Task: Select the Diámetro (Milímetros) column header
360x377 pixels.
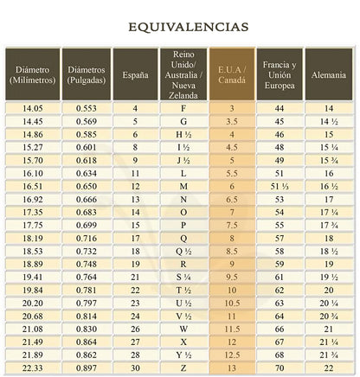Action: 31,73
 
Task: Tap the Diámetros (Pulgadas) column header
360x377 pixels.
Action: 87,73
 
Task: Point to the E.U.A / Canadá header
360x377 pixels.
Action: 232,73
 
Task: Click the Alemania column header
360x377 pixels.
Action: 329,74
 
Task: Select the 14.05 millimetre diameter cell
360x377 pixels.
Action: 31,109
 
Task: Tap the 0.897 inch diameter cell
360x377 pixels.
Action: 87,369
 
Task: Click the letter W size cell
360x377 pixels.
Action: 183,329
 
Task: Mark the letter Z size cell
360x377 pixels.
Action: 183,369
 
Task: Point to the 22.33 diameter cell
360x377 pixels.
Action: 31,369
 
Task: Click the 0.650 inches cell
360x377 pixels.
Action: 87,186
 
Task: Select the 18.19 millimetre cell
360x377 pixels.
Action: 31,238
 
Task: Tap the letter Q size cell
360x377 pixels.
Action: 183,238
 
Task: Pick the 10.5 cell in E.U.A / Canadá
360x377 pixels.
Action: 232,304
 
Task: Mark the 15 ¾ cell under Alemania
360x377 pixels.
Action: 329,160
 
